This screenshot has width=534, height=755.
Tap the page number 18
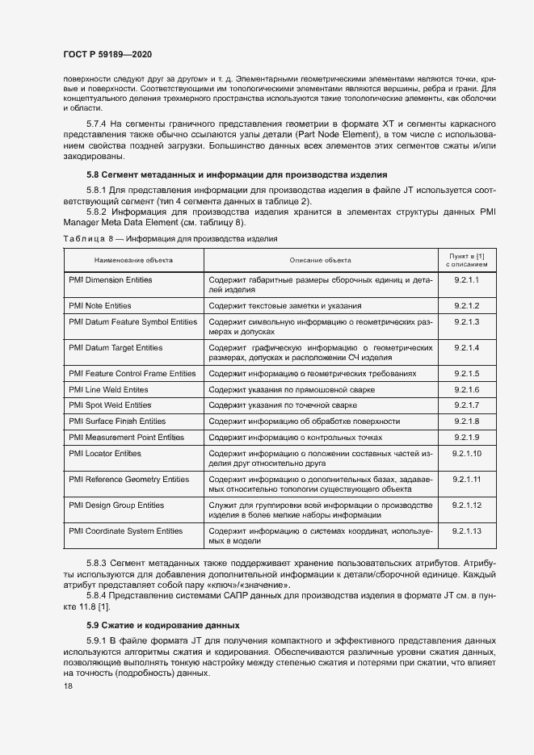(68, 685)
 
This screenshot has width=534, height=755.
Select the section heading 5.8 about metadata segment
(226, 174)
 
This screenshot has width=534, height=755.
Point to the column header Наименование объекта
(132, 260)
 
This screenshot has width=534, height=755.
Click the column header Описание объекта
(320, 260)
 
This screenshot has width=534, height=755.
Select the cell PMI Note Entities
(100, 306)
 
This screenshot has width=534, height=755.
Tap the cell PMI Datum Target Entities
(116, 348)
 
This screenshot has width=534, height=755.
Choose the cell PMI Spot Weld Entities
(110, 405)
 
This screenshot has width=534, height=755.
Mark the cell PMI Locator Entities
(105, 454)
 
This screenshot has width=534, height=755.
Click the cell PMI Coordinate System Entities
(126, 531)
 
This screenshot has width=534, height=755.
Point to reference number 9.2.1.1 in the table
(466, 280)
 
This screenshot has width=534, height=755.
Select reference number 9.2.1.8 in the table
(466, 422)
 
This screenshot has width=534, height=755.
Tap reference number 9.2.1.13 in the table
(466, 531)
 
